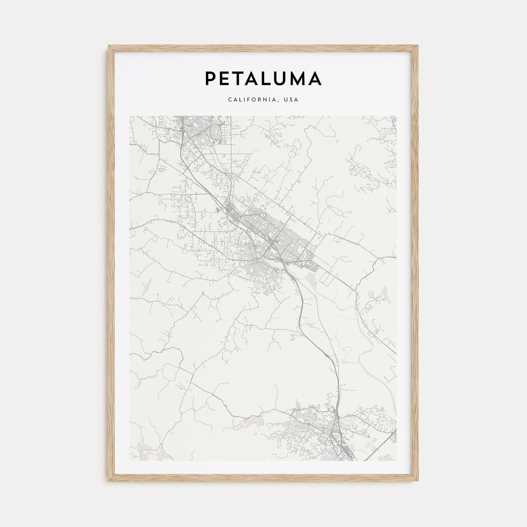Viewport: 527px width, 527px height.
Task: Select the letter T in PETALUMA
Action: coord(240,78)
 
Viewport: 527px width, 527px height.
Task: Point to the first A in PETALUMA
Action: coord(254,78)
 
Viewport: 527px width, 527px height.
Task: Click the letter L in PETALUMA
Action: coord(269,78)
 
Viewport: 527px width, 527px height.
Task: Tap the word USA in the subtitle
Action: coord(292,100)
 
